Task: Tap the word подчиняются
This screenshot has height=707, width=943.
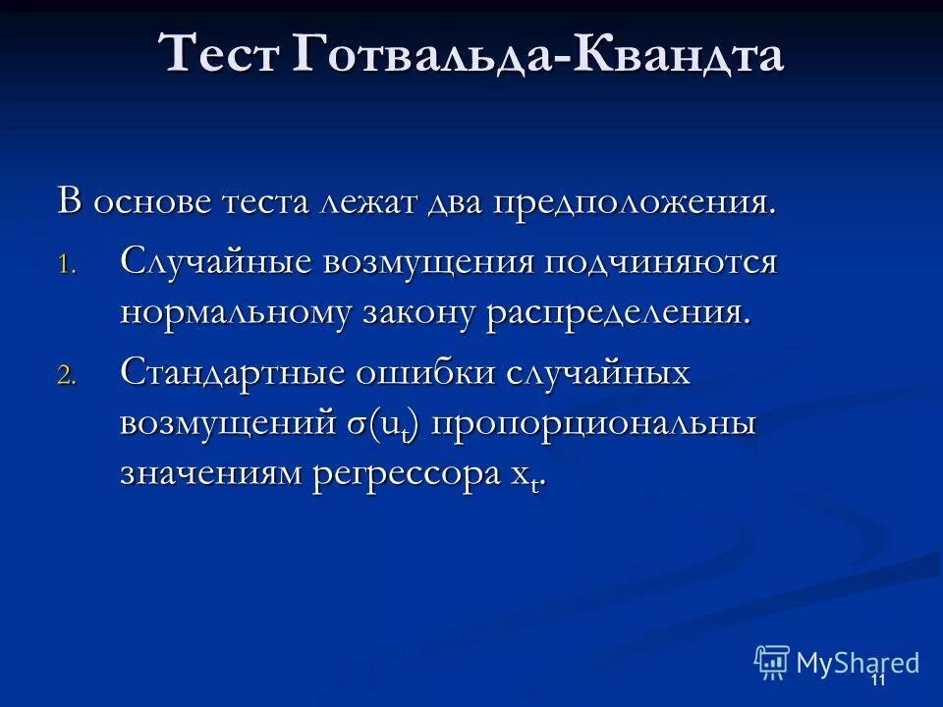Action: point(663,263)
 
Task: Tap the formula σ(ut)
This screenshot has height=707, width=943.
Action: point(384,425)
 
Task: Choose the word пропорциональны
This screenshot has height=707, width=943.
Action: point(594,425)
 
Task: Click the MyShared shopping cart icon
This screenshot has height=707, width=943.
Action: point(771,662)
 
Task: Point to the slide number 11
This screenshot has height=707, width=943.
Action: point(877,680)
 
